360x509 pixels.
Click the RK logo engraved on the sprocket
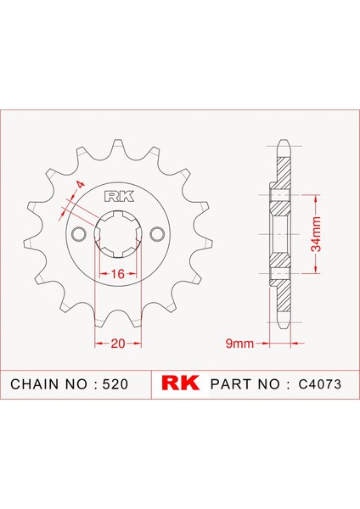(119, 197)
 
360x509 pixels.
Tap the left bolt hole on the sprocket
(78, 234)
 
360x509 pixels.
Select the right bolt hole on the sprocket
(157, 234)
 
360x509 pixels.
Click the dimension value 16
(118, 274)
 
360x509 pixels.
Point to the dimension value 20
(118, 343)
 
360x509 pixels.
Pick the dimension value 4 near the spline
(80, 185)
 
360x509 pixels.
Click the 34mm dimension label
(316, 234)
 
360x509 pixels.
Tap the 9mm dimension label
(239, 343)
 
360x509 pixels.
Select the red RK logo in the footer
(180, 383)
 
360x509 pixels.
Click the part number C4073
(320, 384)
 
